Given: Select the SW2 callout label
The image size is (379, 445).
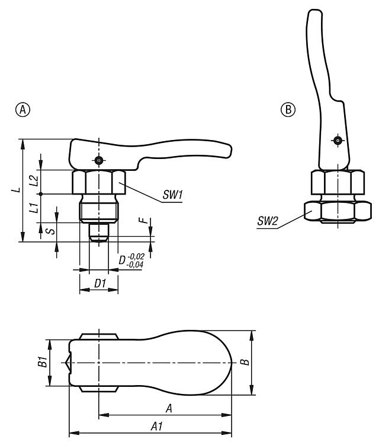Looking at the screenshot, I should tap(268, 221).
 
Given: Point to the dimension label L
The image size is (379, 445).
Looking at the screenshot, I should tap(18, 189).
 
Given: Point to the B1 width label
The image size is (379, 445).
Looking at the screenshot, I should tap(43, 363).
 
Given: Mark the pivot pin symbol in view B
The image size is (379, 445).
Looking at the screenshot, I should tap(337, 141).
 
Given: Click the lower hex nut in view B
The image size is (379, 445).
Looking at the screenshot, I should tap(338, 211).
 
